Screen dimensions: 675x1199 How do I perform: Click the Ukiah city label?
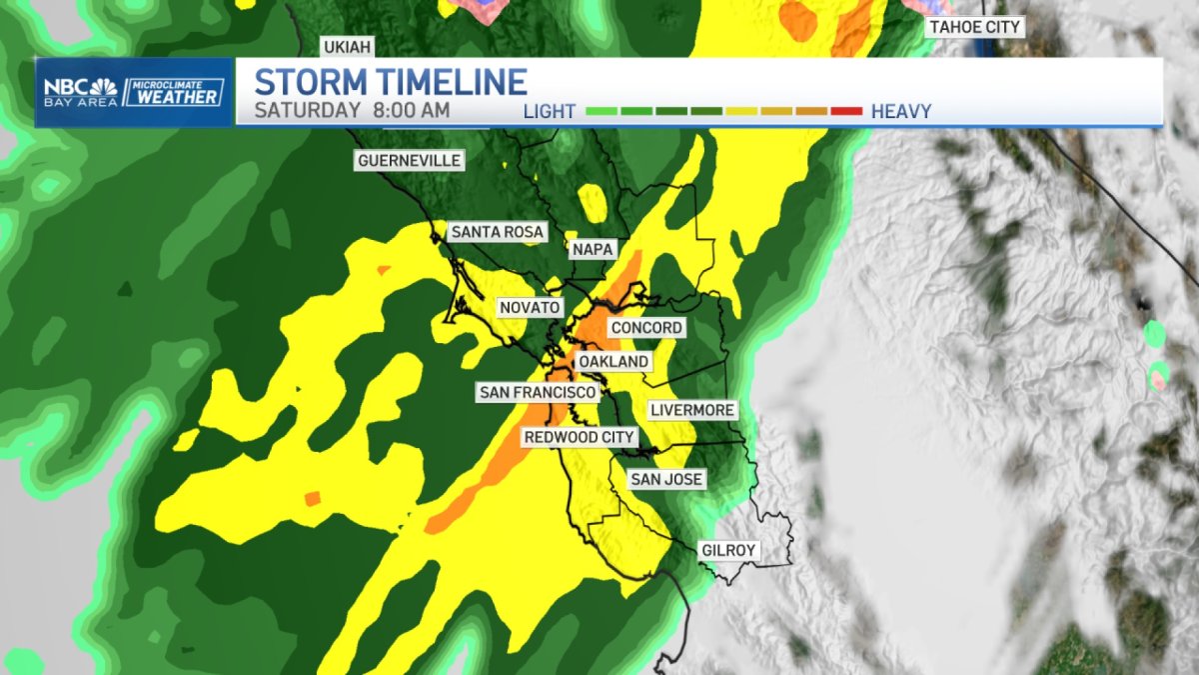coord(345,47)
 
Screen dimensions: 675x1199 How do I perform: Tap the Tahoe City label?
coord(975,27)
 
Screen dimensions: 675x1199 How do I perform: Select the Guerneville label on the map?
coord(410,160)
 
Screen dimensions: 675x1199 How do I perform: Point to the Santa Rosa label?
coord(497,232)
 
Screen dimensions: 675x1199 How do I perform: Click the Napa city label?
coord(593,249)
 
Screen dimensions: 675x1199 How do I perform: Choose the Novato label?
coord(530,308)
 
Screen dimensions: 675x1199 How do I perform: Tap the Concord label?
coord(646,328)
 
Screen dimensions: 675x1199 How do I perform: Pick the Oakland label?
coord(613,361)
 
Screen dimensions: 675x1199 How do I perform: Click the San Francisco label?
coord(538,392)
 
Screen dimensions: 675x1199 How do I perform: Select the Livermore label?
coord(692,410)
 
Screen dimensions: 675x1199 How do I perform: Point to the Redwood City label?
coord(580,438)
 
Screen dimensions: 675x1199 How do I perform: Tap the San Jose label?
coord(666,480)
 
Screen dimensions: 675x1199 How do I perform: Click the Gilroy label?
coord(728,550)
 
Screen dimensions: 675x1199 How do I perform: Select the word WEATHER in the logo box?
coord(173,97)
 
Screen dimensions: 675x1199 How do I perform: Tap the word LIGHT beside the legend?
coord(550,111)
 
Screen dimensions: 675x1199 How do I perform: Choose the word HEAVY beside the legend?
coord(901,111)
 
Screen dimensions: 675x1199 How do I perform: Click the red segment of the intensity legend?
coord(845,111)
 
